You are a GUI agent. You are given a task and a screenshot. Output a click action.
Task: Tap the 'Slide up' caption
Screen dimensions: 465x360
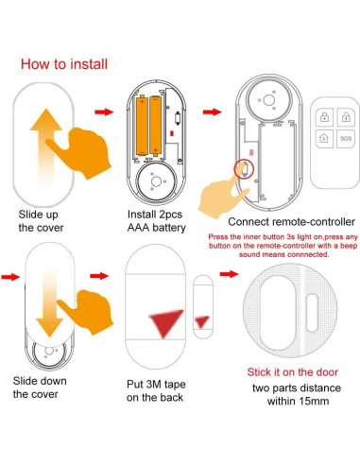(x=38, y=215)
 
